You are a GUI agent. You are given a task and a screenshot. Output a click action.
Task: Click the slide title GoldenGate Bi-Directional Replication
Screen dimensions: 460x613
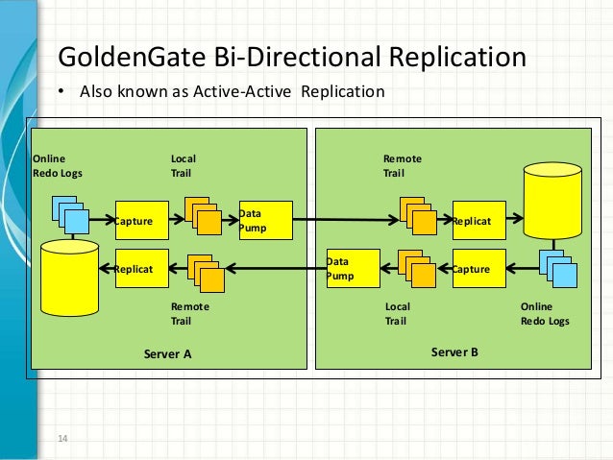tap(293, 56)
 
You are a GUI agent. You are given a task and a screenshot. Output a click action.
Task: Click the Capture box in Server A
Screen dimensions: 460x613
tap(141, 221)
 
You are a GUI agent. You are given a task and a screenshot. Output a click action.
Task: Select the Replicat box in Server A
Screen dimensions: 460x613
tap(141, 270)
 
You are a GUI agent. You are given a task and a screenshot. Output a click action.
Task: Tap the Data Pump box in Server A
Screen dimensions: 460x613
tap(264, 221)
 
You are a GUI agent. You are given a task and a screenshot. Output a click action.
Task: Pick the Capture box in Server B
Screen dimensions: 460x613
tap(478, 270)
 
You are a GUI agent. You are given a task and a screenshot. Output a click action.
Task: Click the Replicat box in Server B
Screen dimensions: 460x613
tap(478, 221)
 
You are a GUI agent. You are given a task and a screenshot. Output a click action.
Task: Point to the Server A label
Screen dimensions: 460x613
tap(168, 353)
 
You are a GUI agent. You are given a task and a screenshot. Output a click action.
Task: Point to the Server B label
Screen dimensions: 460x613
tap(454, 352)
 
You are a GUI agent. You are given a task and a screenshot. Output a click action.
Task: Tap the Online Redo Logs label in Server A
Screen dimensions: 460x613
tap(58, 165)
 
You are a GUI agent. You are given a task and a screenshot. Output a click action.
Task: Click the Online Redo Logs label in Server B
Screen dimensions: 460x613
tap(545, 314)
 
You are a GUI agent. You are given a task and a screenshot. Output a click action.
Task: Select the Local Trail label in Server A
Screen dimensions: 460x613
tap(184, 165)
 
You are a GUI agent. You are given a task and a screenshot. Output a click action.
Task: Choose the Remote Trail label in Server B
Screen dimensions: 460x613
tap(403, 165)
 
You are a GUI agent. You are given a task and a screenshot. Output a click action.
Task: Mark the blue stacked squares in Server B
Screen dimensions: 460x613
tap(558, 269)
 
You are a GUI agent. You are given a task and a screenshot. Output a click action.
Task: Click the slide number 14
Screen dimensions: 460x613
tap(63, 439)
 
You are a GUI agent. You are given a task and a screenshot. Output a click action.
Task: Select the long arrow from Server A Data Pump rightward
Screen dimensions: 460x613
tap(346, 221)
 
